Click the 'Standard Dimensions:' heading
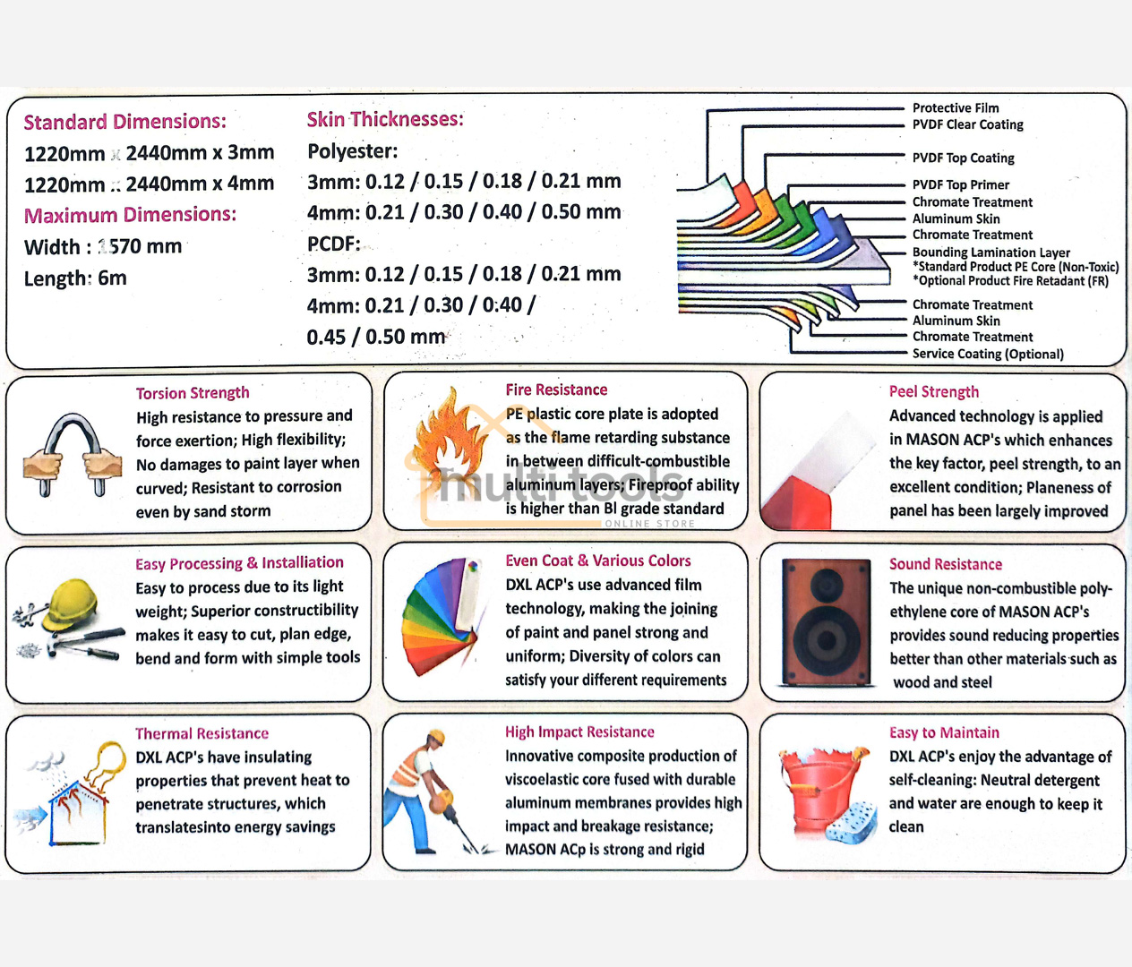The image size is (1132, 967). (124, 122)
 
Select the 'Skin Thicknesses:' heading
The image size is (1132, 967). (385, 119)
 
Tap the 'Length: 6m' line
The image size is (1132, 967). (75, 278)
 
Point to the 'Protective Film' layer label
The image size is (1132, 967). (956, 107)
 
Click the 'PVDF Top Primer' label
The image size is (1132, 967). (960, 184)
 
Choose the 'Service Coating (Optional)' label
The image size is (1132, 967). (988, 354)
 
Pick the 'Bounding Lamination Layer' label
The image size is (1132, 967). (990, 252)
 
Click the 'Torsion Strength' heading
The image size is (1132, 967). (193, 393)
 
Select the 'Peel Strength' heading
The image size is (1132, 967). (933, 391)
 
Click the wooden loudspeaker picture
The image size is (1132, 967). (826, 621)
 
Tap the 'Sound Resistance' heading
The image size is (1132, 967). (945, 564)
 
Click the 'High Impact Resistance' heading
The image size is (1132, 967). (579, 732)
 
